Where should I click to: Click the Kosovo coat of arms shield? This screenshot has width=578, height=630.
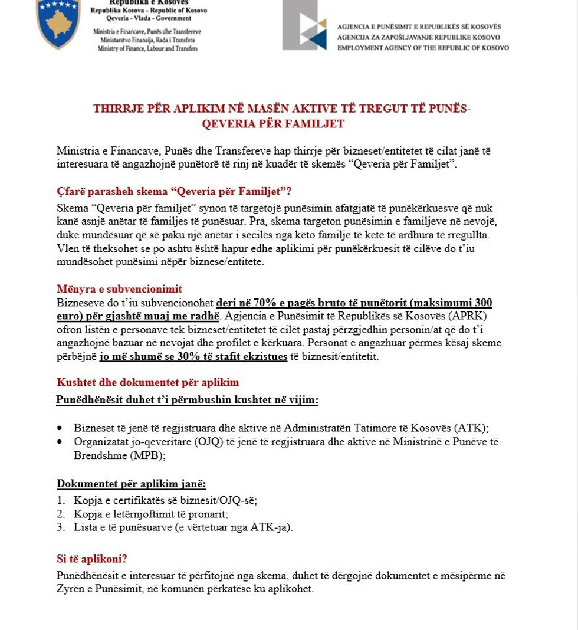pyautogui.click(x=58, y=24)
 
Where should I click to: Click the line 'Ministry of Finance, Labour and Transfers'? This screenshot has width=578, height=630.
pyautogui.click(x=147, y=49)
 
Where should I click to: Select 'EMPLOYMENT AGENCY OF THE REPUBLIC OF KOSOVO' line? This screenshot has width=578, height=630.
pyautogui.click(x=423, y=48)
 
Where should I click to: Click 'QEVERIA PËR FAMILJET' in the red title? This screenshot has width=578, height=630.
pyautogui.click(x=273, y=124)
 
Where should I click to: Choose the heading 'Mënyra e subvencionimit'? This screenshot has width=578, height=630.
pyautogui.click(x=120, y=289)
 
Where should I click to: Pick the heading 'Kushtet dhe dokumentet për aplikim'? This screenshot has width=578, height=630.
pyautogui.click(x=148, y=382)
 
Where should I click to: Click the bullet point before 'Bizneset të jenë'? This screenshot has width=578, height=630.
pyautogui.click(x=60, y=428)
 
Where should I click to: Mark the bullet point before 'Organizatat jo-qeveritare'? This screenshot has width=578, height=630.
pyautogui.click(x=60, y=442)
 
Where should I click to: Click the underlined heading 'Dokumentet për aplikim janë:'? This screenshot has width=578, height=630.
pyautogui.click(x=131, y=484)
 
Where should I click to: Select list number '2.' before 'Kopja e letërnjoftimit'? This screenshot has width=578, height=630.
pyautogui.click(x=61, y=514)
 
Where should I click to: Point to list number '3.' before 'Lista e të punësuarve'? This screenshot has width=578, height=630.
pyautogui.click(x=61, y=527)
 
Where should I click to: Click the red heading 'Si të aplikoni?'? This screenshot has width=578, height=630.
pyautogui.click(x=92, y=559)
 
